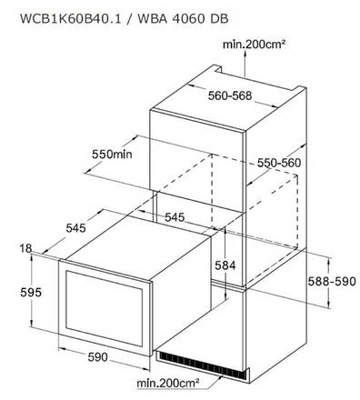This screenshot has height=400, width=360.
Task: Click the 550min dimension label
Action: (112, 155)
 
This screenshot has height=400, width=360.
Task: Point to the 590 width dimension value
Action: (97, 356)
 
